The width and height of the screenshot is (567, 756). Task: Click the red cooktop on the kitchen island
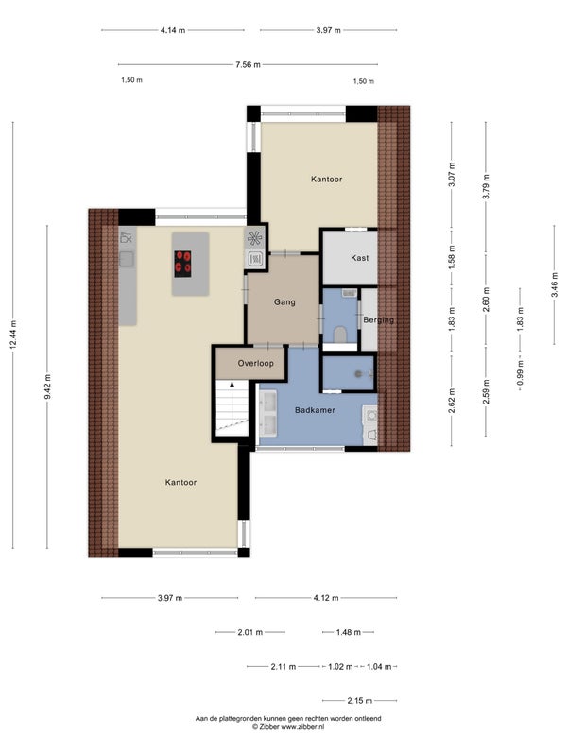coord(182,264)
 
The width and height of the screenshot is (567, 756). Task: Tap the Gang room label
coord(284,302)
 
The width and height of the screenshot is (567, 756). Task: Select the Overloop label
coord(255,363)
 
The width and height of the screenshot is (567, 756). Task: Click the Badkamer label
coord(315,410)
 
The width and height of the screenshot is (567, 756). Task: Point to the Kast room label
coord(360,258)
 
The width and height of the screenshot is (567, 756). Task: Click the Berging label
coord(379,319)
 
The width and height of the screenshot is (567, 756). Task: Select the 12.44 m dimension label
coord(13,335)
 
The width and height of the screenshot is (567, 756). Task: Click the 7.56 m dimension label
coord(248,64)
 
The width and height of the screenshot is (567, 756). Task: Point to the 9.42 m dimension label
coord(47,387)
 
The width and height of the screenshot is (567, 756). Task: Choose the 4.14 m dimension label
coord(173,30)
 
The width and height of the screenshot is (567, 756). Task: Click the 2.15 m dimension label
coord(360,700)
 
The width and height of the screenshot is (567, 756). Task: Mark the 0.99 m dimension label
coord(521,373)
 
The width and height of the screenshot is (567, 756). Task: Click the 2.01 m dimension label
coord(250,632)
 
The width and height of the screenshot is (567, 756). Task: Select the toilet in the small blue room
coord(340,335)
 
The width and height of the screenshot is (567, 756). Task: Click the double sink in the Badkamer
coord(268,414)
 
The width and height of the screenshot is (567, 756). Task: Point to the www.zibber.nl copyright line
coord(288,726)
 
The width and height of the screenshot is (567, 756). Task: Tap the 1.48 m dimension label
coord(348,632)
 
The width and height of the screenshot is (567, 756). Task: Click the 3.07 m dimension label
coord(452,175)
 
